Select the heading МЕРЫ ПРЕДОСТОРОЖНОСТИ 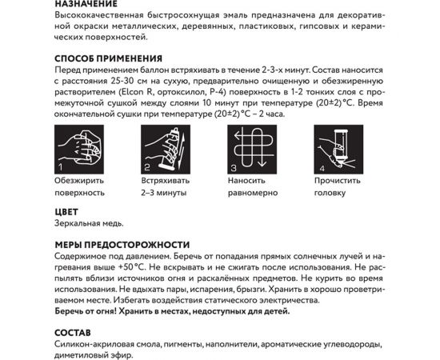[122, 244]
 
